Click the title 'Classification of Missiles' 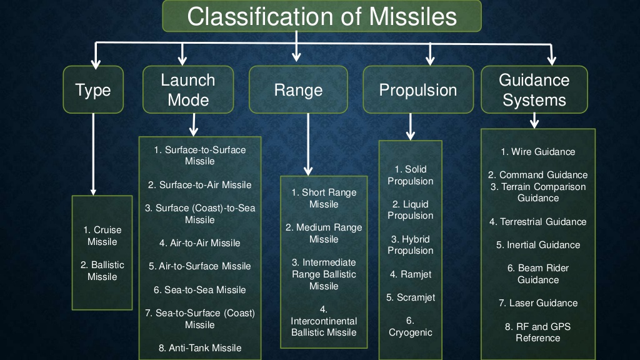(322, 16)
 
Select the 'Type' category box (93, 90)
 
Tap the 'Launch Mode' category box (188, 90)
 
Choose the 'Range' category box (298, 90)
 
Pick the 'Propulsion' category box (417, 90)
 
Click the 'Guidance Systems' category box (534, 90)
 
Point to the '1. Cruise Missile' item (102, 236)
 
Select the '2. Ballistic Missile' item (102, 271)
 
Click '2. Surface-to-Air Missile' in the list (199, 185)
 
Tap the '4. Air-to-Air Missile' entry (199, 243)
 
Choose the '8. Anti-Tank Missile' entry (199, 348)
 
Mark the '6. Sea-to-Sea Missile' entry (199, 290)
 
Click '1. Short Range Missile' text (324, 198)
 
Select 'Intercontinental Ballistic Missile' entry (324, 321)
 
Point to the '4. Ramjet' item (411, 274)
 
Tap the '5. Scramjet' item (411, 297)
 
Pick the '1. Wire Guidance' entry (537, 152)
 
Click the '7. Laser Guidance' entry (537, 303)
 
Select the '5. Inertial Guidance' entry (537, 245)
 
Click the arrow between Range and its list (308, 144)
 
